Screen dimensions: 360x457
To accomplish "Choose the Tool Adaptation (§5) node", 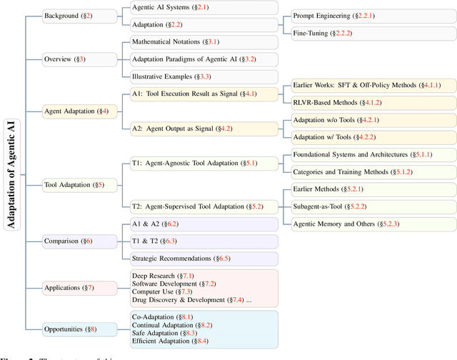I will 74,185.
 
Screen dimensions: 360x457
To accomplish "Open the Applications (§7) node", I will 69,288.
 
